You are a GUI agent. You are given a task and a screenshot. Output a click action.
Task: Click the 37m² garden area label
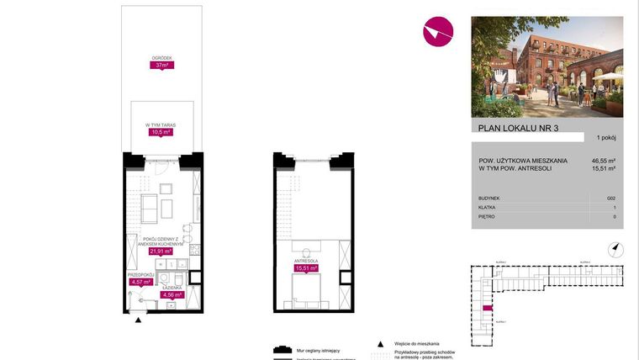click(161, 66)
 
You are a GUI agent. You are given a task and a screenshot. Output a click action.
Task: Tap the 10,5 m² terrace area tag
click(161, 132)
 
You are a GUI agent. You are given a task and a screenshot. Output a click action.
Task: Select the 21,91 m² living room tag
click(161, 251)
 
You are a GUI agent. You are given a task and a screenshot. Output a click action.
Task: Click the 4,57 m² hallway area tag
click(140, 283)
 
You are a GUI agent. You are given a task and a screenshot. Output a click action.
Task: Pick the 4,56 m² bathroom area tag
click(172, 295)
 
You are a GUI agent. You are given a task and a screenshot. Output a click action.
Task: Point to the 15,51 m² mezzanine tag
click(306, 269)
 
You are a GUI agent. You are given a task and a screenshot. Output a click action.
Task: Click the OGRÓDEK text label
click(161, 58)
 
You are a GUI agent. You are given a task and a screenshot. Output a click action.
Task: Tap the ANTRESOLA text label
click(306, 262)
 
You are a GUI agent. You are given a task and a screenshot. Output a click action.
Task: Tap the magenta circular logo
click(438, 33)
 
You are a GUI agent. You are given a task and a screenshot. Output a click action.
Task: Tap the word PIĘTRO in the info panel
click(486, 216)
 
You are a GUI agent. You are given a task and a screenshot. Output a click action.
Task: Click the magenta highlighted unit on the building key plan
click(488, 309)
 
